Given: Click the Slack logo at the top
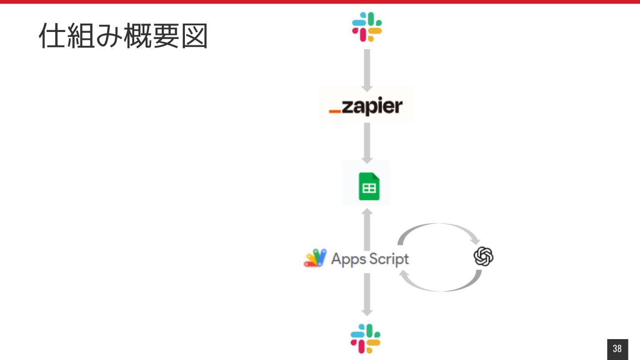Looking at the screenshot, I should click(367, 27).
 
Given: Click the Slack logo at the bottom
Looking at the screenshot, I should click(366, 338).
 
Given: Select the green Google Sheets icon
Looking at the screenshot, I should click(369, 187).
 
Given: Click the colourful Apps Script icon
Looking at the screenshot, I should click(315, 258).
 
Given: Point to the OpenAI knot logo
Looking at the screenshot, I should click(484, 257).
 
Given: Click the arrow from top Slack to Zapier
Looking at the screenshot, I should click(367, 69).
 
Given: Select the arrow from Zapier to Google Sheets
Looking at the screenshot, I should click(367, 143).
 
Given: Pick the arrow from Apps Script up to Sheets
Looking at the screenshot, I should click(367, 228).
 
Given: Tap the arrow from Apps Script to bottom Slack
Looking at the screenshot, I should click(367, 294).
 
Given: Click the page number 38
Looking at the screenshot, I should click(617, 349).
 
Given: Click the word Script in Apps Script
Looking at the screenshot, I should click(388, 259).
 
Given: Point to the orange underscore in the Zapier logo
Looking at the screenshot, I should click(335, 111).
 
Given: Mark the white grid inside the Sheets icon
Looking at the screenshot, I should click(369, 188).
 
